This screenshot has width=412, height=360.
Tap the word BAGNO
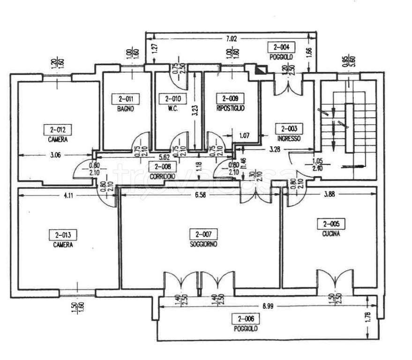click(x=126, y=109)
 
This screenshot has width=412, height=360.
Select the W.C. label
click(x=169, y=109)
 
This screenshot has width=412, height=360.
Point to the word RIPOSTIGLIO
click(x=230, y=109)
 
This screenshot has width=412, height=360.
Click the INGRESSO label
click(x=288, y=139)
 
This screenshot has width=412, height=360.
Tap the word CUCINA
click(x=331, y=233)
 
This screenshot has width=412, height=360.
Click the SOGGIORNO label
click(x=203, y=244)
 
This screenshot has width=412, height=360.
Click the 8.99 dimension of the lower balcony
click(x=268, y=307)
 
